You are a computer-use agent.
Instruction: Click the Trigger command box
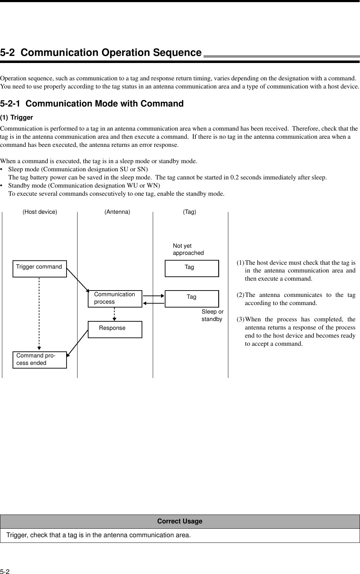click(x=40, y=269)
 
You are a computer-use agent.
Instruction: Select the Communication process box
click(x=115, y=299)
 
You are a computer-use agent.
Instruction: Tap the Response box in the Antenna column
click(x=115, y=329)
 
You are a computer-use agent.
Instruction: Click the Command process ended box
click(x=40, y=360)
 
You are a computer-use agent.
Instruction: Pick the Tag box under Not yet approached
click(x=192, y=268)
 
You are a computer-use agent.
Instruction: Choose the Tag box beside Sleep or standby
click(x=192, y=299)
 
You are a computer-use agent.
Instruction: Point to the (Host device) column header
click(x=40, y=212)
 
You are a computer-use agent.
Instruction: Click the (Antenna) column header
click(x=117, y=212)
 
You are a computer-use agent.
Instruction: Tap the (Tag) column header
click(x=189, y=212)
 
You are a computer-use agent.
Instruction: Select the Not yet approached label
click(x=188, y=249)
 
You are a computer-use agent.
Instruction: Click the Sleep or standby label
click(x=212, y=315)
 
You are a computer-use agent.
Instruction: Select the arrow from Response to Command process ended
click(x=77, y=342)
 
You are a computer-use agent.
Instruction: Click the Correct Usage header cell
click(x=180, y=521)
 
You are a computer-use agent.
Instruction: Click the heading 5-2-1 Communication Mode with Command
click(x=92, y=104)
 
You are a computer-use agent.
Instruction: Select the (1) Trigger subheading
click(x=16, y=117)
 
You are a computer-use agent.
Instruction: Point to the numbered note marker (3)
click(x=240, y=319)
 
